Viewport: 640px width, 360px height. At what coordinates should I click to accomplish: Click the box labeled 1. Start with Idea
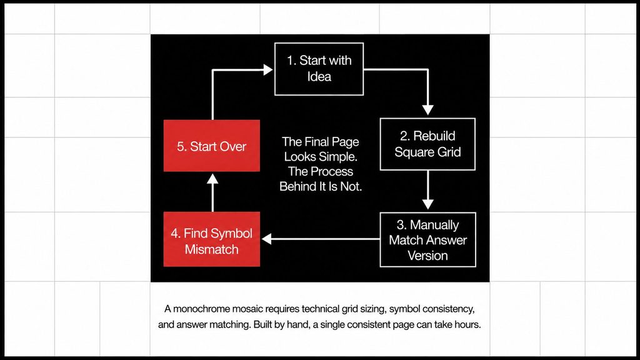click(x=319, y=69)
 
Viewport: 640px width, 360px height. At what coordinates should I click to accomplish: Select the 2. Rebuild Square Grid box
click(x=427, y=144)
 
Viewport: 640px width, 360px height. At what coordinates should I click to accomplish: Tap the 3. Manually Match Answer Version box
click(x=427, y=239)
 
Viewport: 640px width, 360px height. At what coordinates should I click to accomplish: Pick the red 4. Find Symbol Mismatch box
click(x=212, y=239)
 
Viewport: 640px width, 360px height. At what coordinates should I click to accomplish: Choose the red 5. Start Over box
click(x=212, y=146)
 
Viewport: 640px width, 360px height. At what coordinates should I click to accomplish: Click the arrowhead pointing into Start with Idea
click(x=268, y=70)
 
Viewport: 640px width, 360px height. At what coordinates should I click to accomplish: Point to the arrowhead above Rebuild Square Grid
click(x=427, y=109)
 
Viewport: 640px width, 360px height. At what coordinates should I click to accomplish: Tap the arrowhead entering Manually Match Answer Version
click(x=427, y=204)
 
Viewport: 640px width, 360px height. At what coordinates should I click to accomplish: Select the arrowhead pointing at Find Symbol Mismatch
click(x=266, y=239)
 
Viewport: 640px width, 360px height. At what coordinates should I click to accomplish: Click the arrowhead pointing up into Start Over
click(x=212, y=178)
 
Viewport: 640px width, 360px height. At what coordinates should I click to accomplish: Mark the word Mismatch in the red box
click(x=211, y=249)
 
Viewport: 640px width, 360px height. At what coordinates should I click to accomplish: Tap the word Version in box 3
click(x=427, y=256)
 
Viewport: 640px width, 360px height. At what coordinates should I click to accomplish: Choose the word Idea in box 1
click(x=319, y=77)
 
